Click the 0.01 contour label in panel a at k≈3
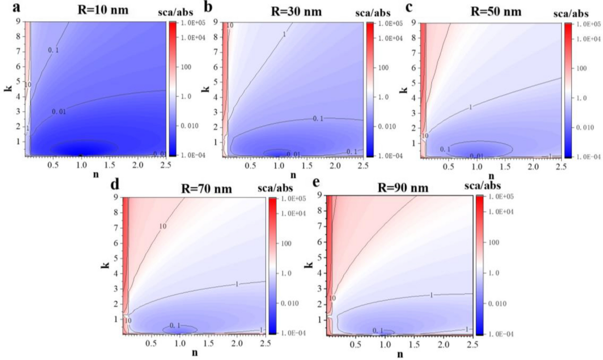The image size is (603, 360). tap(59, 110)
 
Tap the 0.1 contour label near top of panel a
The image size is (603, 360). tap(54, 50)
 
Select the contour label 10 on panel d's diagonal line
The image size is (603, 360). tap(162, 227)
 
